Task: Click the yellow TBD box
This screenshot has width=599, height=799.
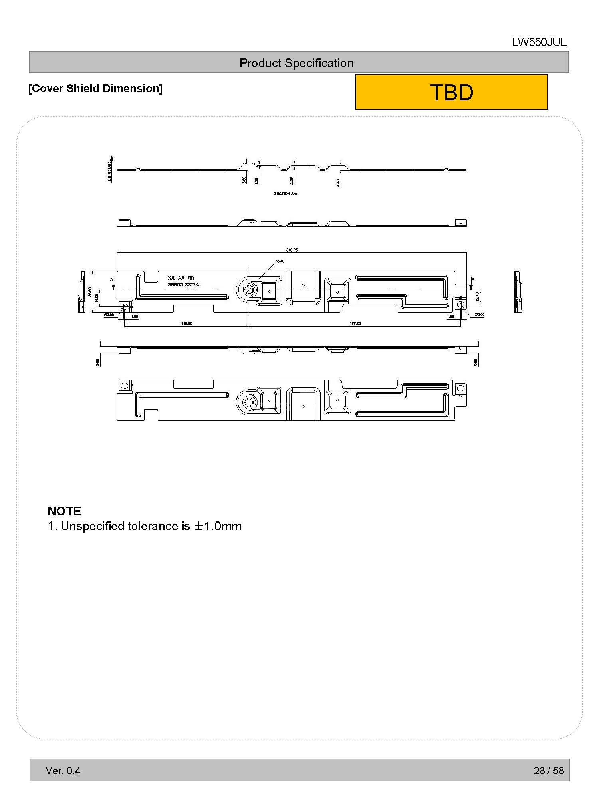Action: click(x=451, y=92)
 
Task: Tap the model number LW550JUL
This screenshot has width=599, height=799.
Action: click(x=539, y=43)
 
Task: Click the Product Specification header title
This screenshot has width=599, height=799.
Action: click(x=296, y=63)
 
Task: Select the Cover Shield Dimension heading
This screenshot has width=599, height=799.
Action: click(x=95, y=89)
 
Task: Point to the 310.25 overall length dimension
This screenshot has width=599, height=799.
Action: click(x=292, y=250)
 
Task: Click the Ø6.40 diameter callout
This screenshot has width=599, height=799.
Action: click(x=279, y=261)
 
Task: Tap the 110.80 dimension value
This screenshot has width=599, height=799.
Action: click(x=186, y=324)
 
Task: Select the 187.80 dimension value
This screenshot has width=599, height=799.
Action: click(x=355, y=324)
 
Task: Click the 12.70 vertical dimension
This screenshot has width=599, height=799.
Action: click(x=477, y=296)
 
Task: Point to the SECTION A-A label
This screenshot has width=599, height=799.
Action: click(x=285, y=194)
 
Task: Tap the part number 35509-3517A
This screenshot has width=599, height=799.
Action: click(x=183, y=284)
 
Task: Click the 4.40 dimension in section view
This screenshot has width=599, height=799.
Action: click(x=338, y=183)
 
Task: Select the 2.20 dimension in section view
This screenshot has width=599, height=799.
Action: click(x=291, y=181)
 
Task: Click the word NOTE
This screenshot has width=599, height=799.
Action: click(x=64, y=511)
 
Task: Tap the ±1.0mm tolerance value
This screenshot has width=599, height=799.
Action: click(x=218, y=526)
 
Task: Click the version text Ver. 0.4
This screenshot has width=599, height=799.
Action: click(x=63, y=771)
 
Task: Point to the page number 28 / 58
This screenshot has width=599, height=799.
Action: click(x=549, y=771)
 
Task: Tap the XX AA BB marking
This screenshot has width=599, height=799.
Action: click(x=181, y=278)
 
